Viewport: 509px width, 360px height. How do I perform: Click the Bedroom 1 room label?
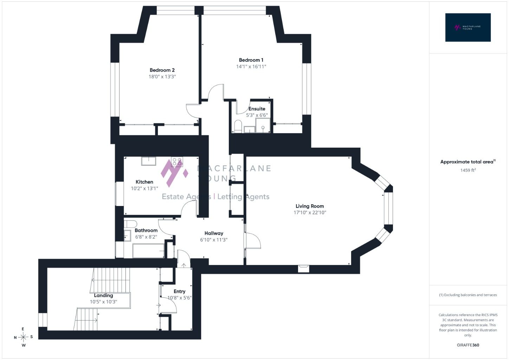[x=251, y=60]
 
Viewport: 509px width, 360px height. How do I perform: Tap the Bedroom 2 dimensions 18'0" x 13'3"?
[x=162, y=77]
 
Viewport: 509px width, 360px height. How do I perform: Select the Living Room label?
[x=309, y=206]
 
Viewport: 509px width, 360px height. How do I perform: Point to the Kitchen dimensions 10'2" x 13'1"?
[x=144, y=188]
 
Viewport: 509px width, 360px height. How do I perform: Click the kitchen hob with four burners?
[x=177, y=162]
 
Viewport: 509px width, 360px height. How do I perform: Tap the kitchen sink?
[x=148, y=161]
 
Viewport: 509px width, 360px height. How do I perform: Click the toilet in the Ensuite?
[x=238, y=126]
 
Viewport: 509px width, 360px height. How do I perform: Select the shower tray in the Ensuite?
[x=263, y=125]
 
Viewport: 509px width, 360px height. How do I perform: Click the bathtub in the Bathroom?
[x=148, y=251]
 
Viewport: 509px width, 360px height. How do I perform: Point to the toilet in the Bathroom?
[x=130, y=224]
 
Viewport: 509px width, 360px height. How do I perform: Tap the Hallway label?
[x=214, y=233]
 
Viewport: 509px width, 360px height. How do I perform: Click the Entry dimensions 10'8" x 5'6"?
[x=180, y=298]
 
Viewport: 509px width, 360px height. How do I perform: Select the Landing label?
[x=103, y=295]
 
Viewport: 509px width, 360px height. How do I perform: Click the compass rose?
[x=23, y=337]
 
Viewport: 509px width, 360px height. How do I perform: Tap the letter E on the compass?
[x=23, y=329]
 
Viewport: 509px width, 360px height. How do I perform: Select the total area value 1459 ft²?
[x=468, y=170]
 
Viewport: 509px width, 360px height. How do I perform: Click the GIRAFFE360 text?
[x=468, y=345]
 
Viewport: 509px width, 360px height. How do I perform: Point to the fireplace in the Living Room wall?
[x=304, y=269]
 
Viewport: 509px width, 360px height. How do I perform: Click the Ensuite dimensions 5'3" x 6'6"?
[x=257, y=115]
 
